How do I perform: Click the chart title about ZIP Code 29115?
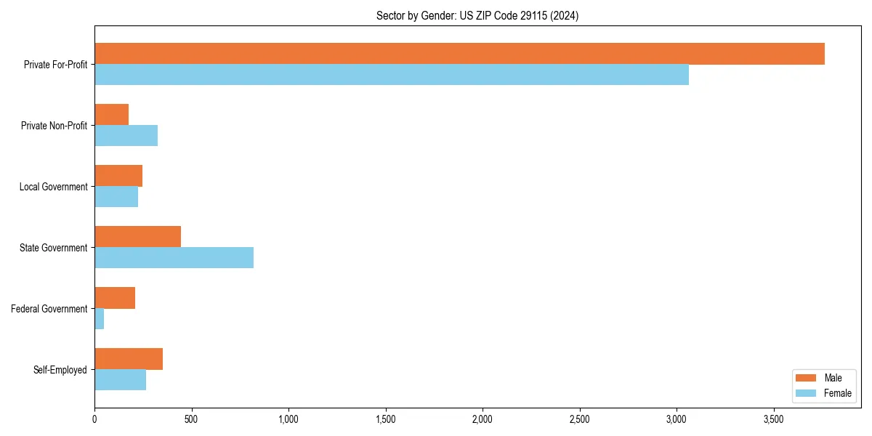point(477,15)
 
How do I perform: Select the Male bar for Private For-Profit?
point(459,54)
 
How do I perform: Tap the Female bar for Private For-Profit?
point(392,75)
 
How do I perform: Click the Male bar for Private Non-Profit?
point(112,115)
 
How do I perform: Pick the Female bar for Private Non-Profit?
point(126,136)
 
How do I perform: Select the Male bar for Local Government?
point(118,176)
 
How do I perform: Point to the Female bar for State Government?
point(174,258)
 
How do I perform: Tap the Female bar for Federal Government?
point(100,319)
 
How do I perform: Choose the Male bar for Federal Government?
point(115,298)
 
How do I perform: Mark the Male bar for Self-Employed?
point(129,359)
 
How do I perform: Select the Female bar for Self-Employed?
point(121,380)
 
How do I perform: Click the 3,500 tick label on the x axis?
point(773,419)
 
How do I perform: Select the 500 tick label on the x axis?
point(191,419)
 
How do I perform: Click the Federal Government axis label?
point(49,309)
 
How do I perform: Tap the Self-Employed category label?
point(60,370)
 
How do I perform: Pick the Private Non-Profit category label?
point(54,126)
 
